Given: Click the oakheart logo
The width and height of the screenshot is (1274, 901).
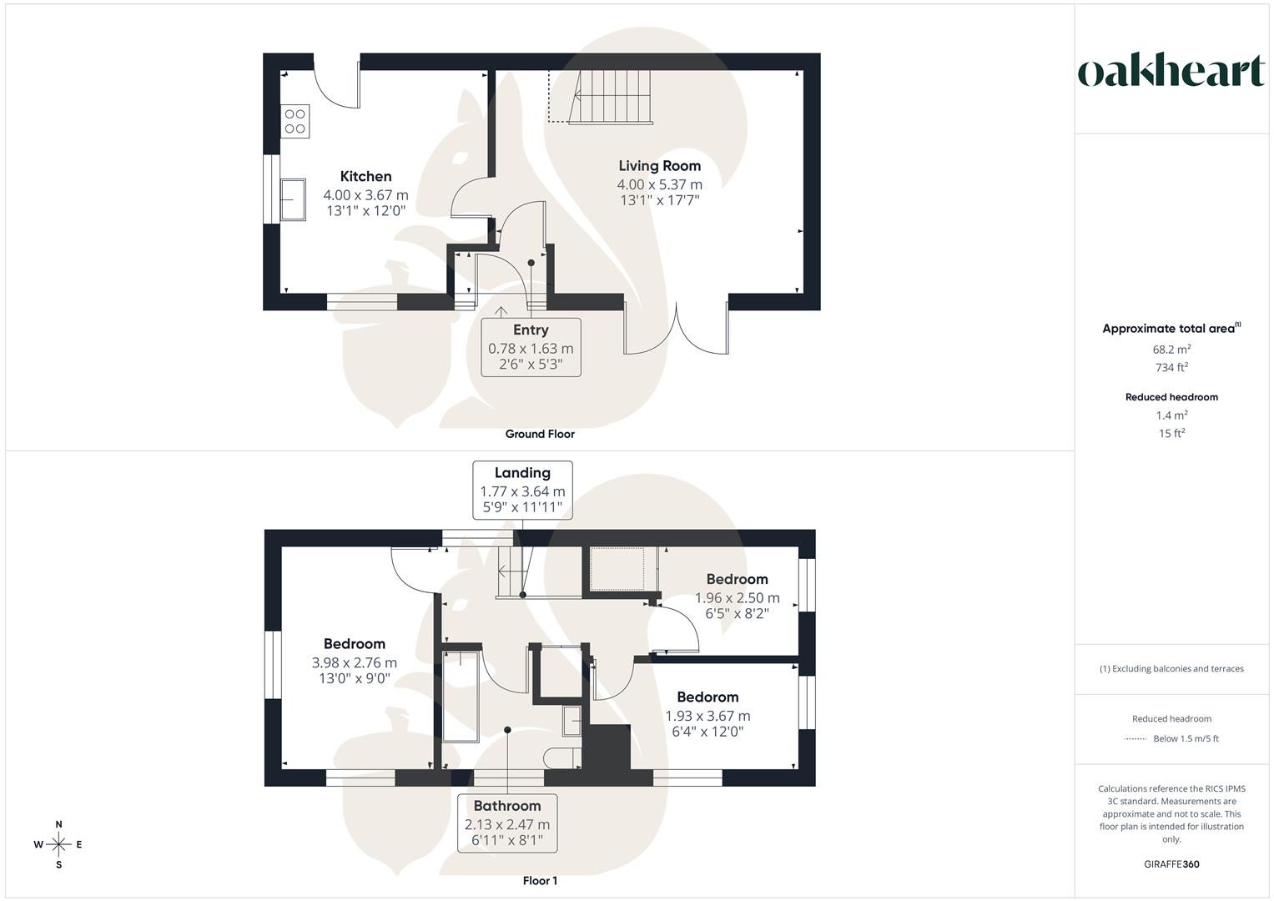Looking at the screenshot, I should pyautogui.click(x=1171, y=71).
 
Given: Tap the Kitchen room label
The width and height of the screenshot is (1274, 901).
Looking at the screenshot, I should pyautogui.click(x=365, y=176).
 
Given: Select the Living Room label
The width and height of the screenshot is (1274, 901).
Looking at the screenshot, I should pyautogui.click(x=659, y=165).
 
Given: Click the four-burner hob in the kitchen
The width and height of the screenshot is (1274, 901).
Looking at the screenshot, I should pyautogui.click(x=295, y=120).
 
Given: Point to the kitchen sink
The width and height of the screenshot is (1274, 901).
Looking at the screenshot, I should pyautogui.click(x=293, y=199).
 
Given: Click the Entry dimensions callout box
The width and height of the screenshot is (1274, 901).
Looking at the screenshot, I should pyautogui.click(x=531, y=347).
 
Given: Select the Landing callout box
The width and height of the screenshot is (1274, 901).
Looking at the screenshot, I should pyautogui.click(x=522, y=490).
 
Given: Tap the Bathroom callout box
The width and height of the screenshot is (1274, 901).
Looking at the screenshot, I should pyautogui.click(x=507, y=823).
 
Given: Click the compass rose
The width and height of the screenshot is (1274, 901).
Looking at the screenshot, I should pyautogui.click(x=58, y=844).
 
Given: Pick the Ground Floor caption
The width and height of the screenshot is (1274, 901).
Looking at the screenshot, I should pyautogui.click(x=540, y=434).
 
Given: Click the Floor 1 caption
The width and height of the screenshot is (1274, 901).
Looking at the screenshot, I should pyautogui.click(x=540, y=881).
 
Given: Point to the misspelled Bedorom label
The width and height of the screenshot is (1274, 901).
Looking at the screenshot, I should pyautogui.click(x=707, y=697).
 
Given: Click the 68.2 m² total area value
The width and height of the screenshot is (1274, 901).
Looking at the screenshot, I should pyautogui.click(x=1171, y=350).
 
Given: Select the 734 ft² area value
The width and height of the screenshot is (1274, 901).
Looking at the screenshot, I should pyautogui.click(x=1171, y=367).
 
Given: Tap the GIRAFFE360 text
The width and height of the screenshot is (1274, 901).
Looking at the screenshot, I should pyautogui.click(x=1171, y=864).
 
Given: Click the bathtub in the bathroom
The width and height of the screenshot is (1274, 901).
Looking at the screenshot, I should pyautogui.click(x=461, y=697).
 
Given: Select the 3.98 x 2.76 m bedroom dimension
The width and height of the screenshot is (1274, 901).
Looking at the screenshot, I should pyautogui.click(x=355, y=662).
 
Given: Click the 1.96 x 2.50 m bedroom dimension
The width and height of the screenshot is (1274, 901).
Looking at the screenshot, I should pyautogui.click(x=737, y=597).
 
